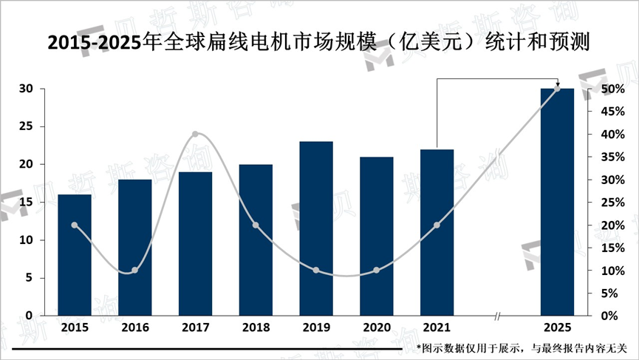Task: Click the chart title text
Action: (318, 43)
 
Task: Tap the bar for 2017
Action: (195, 244)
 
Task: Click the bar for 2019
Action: (315, 228)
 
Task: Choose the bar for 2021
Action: (437, 232)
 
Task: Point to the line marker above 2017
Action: (195, 135)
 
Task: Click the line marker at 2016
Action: (134, 271)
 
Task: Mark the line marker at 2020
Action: (376, 271)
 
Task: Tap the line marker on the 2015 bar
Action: (75, 225)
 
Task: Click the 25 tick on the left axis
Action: (26, 126)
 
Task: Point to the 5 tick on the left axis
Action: (29, 278)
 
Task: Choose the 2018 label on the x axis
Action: (255, 327)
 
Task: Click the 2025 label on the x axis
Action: (557, 327)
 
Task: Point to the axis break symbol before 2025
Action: (497, 316)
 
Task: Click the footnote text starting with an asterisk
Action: (522, 347)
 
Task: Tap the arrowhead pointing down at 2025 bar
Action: (557, 84)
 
